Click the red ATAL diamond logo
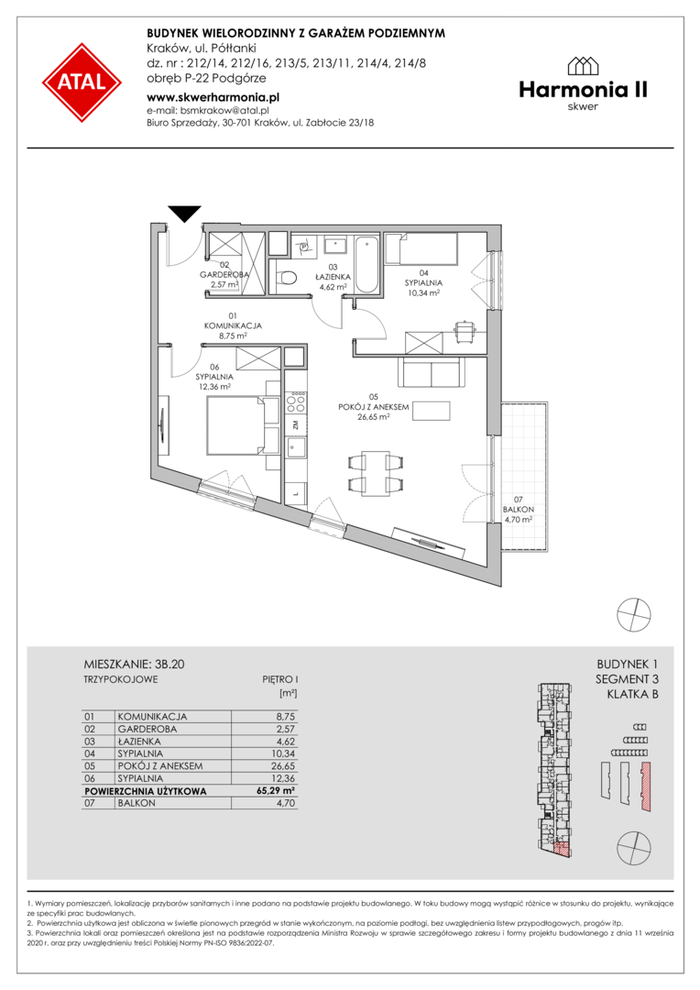coord(82,82)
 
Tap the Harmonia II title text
coord(584,90)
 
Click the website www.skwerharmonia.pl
coord(213,98)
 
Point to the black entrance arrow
coord(185,214)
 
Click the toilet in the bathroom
coord(287,278)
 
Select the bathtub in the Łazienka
coord(366,265)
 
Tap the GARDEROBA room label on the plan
coord(224,275)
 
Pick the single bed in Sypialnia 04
coord(421,249)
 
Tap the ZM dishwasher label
coord(295,425)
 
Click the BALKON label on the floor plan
coord(519,510)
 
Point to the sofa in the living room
coord(431,372)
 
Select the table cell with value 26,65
coord(283,765)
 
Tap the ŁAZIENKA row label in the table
coord(139,742)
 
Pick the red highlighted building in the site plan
coord(646,786)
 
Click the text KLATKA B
coord(632,695)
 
